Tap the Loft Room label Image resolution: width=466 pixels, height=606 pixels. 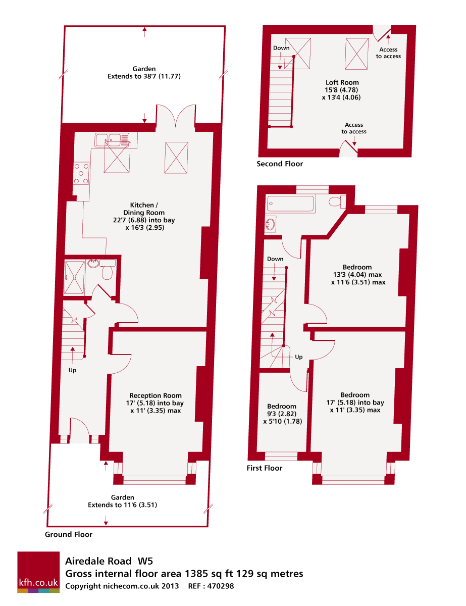pyautogui.click(x=342, y=82)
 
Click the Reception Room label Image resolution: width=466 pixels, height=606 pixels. pyautogui.click(x=156, y=395)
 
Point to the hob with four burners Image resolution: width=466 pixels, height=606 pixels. pyautogui.click(x=81, y=173)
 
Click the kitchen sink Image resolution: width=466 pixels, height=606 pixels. pyautogui.click(x=112, y=140)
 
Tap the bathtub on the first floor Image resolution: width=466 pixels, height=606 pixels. pyautogui.click(x=290, y=204)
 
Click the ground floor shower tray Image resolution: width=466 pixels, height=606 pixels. pyautogui.click(x=74, y=277)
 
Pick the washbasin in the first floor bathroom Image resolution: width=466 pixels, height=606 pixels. pyautogui.click(x=270, y=224)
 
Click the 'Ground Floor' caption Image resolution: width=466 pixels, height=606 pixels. pyautogui.click(x=69, y=534)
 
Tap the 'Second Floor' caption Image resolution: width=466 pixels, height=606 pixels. pyautogui.click(x=280, y=164)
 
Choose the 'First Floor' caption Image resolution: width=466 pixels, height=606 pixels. pyautogui.click(x=265, y=468)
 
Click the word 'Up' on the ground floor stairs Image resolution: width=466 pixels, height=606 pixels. pyautogui.click(x=73, y=370)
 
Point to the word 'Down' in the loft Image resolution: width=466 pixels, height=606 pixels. pyautogui.click(x=281, y=48)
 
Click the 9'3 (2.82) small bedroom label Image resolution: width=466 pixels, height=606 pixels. pyautogui.click(x=282, y=414)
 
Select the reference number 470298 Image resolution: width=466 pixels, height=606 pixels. pyautogui.click(x=221, y=586)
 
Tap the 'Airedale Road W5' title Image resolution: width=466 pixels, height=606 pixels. pyautogui.click(x=109, y=561)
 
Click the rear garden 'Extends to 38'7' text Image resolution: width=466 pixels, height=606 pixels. pyautogui.click(x=144, y=76)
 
